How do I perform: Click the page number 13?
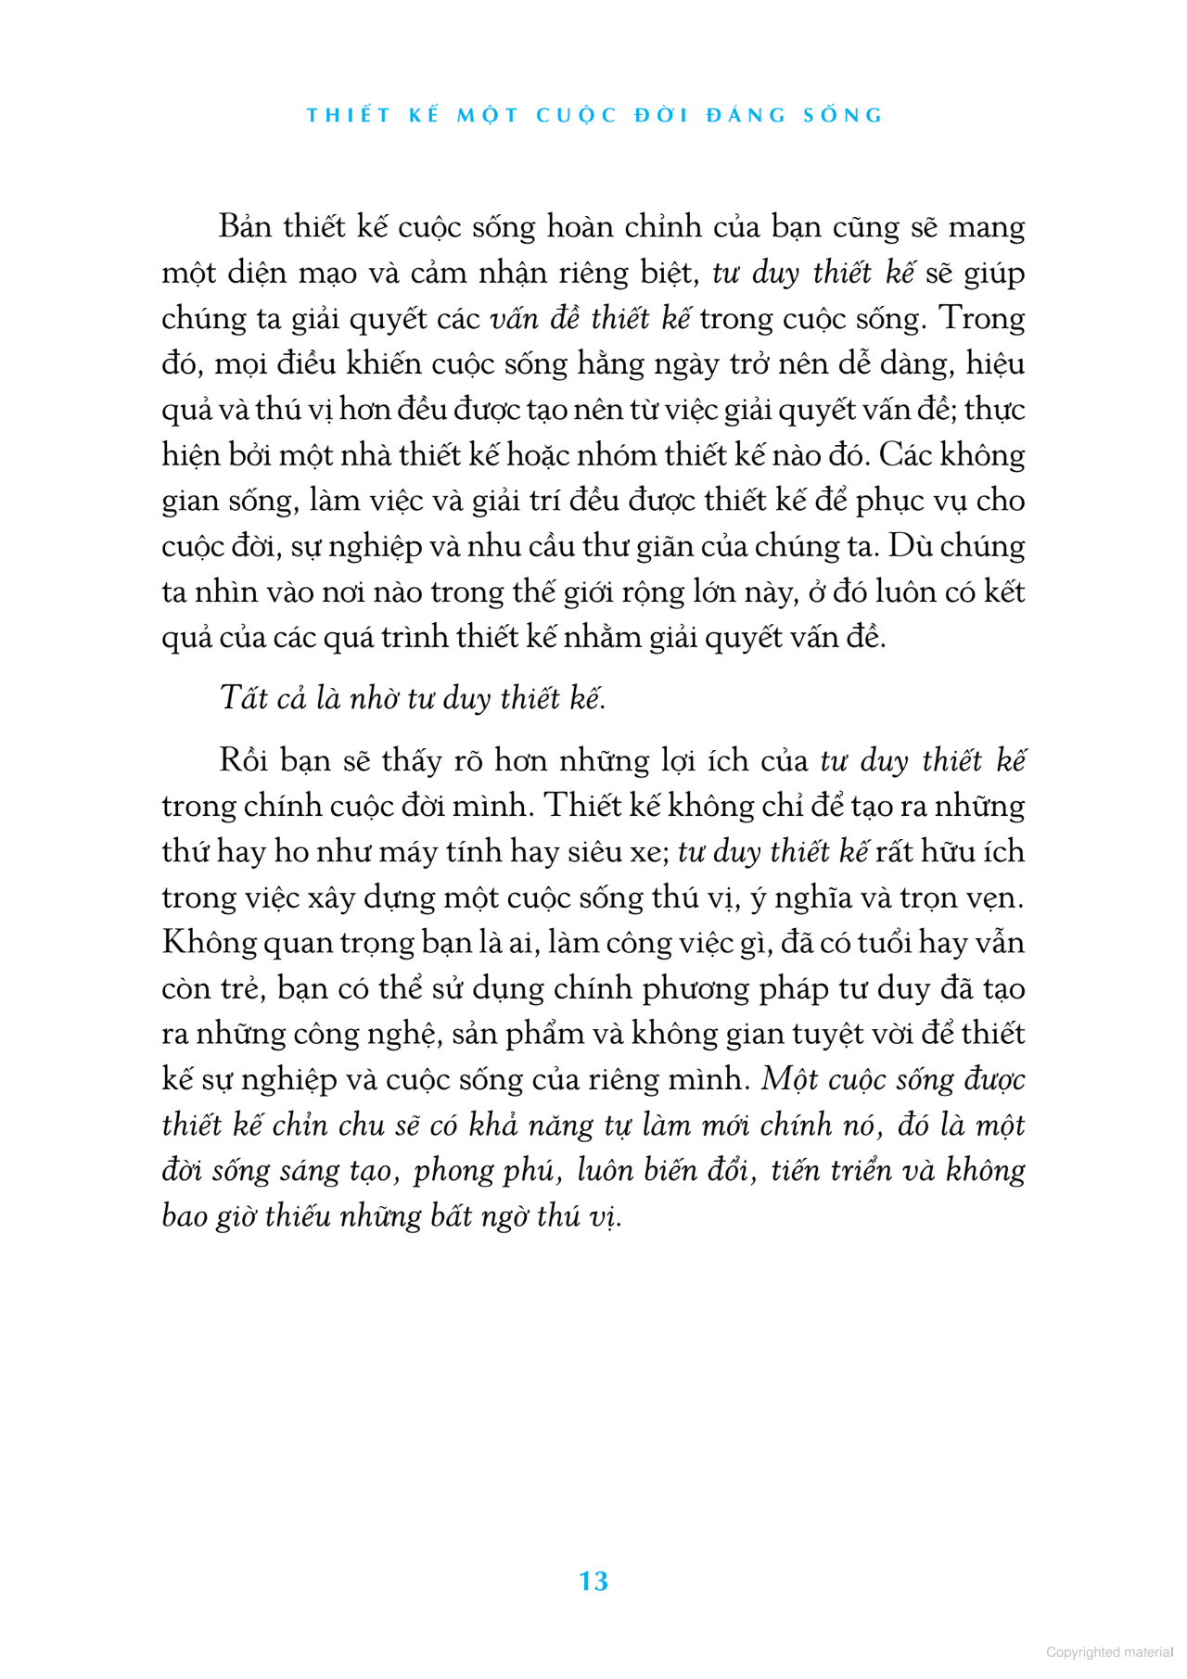pyautogui.click(x=593, y=1582)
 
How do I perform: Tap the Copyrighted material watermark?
pyautogui.click(x=1109, y=1651)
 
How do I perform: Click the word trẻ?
pyautogui.click(x=244, y=987)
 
